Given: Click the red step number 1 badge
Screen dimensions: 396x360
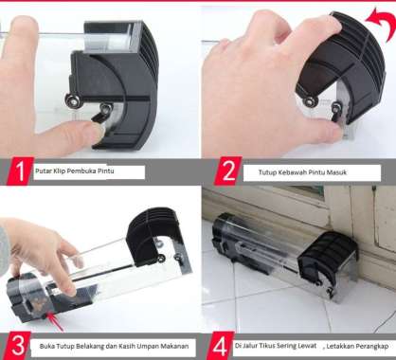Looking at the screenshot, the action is coord(19,171).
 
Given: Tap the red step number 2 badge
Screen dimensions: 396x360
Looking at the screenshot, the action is coord(228,171).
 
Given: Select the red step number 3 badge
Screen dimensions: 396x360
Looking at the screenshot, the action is coord(18,346).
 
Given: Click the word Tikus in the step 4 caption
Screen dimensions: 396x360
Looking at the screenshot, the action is coord(267,346).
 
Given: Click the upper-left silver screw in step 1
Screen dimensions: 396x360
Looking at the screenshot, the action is coord(71,99).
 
